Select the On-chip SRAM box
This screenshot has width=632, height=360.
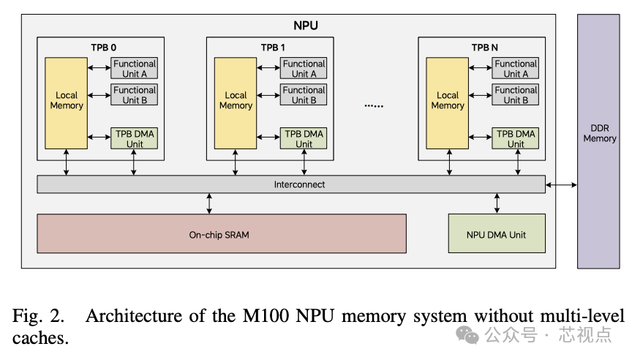222,233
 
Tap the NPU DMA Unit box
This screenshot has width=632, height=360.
496,233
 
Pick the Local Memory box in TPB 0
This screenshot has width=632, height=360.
67,100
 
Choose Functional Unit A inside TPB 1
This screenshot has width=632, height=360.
304,69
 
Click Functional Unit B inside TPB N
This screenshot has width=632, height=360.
516,95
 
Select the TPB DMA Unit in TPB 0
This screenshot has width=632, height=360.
135,139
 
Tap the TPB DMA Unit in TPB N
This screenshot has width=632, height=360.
516,139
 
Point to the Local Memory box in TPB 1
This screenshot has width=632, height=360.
236,100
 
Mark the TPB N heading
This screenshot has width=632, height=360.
484,47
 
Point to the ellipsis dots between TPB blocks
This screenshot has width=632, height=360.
373,105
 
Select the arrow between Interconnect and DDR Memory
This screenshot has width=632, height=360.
561,184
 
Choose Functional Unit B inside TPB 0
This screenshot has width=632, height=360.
135,95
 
